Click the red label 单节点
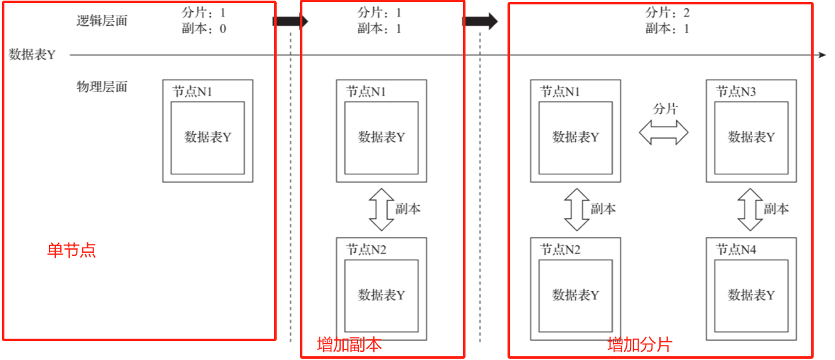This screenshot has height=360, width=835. coord(72,251)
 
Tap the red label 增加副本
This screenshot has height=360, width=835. coord(349,345)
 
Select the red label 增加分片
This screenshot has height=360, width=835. coord(639,344)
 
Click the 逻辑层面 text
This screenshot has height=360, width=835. coord(102,21)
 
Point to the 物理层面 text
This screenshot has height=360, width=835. coord(102,87)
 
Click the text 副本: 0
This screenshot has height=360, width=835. coord(204,28)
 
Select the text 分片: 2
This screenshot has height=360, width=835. coord(668,13)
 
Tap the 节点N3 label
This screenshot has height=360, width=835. coord(736,92)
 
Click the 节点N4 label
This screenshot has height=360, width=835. coord(736,250)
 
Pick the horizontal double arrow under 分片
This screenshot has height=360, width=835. coord(664,132)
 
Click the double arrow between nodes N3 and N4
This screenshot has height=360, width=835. coord(749,209)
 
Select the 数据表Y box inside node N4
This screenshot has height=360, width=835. coord(751,295)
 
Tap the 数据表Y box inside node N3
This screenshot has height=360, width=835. coord(751,137)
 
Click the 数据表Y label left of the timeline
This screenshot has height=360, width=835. coord(32,55)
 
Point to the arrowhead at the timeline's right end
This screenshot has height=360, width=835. coord(822,55)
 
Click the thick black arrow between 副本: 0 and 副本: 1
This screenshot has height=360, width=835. coord(290,21)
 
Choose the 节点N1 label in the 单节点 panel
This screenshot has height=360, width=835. coord(193,92)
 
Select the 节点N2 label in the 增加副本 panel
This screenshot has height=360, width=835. coord(366,250)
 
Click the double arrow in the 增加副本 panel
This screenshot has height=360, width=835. coord(381,209)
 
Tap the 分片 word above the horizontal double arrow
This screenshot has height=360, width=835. coord(666,109)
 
